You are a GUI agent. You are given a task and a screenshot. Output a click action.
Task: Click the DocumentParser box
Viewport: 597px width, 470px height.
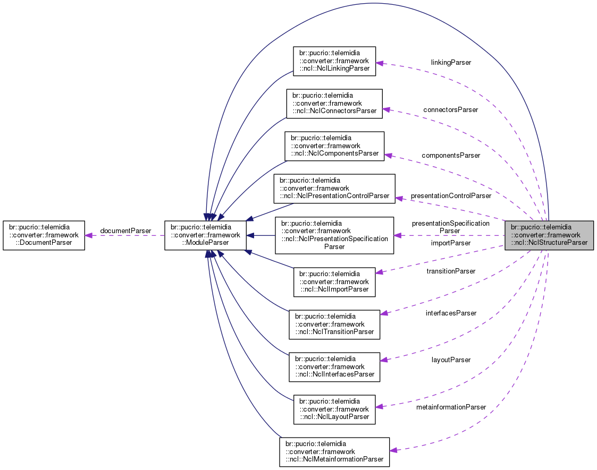44,235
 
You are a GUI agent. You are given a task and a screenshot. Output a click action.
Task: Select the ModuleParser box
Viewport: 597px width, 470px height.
205,235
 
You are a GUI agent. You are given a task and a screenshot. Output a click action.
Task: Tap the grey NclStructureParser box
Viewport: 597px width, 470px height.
549,235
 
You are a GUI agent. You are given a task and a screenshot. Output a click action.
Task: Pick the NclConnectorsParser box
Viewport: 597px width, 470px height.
334,103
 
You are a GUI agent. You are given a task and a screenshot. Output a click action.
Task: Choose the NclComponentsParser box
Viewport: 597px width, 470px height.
334,146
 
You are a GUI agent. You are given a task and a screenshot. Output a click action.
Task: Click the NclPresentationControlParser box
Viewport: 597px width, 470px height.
334,188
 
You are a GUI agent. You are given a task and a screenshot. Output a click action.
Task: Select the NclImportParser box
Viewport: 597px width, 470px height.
334,281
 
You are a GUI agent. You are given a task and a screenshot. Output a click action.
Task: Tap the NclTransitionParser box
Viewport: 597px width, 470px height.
334,324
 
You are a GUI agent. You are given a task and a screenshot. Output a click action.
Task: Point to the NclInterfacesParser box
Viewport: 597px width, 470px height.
334,366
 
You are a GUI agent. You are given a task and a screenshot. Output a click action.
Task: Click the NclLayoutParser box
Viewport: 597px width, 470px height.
334,409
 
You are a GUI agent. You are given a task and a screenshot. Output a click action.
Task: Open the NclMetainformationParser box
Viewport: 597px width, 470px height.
334,452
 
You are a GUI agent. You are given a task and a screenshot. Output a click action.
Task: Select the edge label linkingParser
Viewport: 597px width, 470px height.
451,62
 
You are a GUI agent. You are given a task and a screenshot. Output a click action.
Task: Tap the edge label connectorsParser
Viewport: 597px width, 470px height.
450,109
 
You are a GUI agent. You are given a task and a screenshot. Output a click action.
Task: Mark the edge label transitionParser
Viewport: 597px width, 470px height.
450,271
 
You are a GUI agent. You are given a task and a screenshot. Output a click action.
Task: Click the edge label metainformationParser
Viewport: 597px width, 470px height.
451,407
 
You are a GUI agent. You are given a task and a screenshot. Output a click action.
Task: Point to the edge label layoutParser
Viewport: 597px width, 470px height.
451,360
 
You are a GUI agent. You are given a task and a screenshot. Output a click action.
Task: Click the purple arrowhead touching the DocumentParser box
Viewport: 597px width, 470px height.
89,235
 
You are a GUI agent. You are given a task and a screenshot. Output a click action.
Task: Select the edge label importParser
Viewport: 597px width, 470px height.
450,243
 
